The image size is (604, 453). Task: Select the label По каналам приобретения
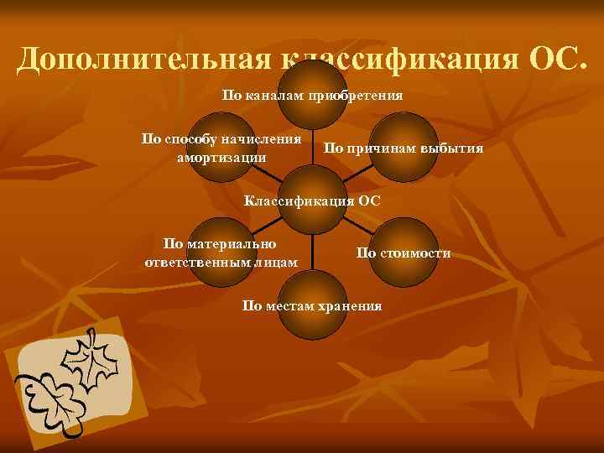click(x=312, y=95)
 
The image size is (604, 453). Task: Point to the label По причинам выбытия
click(x=404, y=148)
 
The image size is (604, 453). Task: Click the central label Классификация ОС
click(x=311, y=200)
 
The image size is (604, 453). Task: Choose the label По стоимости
click(x=404, y=253)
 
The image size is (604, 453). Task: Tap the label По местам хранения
click(x=311, y=305)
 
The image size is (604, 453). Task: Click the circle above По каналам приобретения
click(x=312, y=71)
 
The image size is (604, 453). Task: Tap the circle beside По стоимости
click(x=404, y=253)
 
